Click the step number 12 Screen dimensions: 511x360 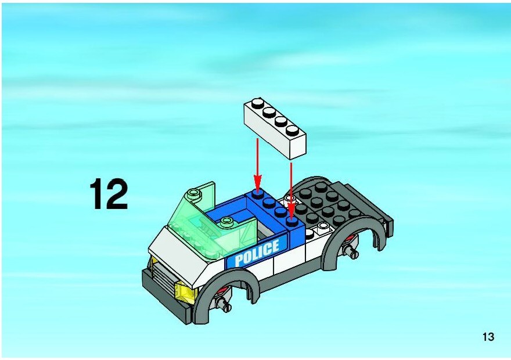pyautogui.click(x=109, y=194)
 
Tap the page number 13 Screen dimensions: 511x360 pyautogui.click(x=488, y=337)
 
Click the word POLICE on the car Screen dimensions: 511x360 pyautogui.click(x=257, y=252)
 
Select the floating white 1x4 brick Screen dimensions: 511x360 pyautogui.click(x=275, y=128)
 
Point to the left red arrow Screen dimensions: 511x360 pyautogui.click(x=257, y=166)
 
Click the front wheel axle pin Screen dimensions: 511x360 pyautogui.click(x=225, y=305)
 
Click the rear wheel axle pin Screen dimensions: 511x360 pyautogui.click(x=352, y=251)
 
